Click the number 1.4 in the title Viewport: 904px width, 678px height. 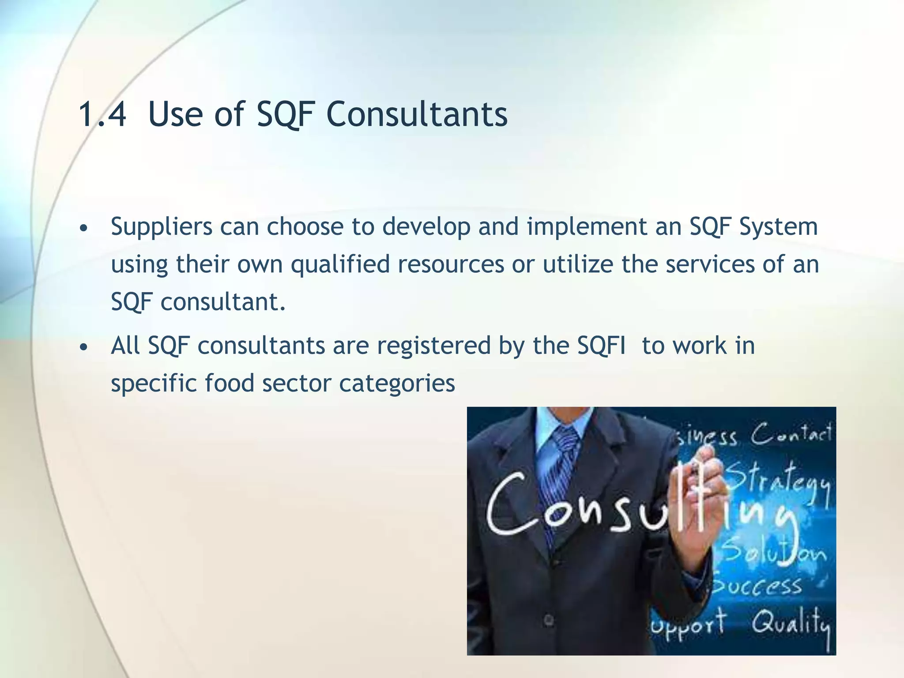102,114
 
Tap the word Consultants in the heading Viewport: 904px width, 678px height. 417,114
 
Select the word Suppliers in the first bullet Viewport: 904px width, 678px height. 162,227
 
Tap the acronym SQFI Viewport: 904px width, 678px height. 601,345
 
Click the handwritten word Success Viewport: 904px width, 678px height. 757,586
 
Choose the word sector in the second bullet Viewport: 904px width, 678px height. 296,383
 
